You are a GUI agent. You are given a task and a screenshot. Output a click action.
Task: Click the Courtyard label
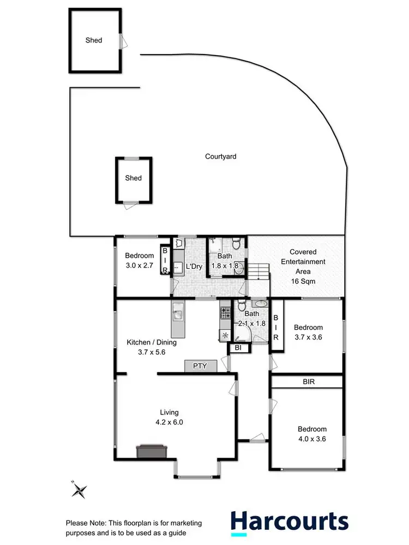click(x=220, y=156)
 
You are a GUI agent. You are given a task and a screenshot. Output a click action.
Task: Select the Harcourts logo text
click(x=289, y=522)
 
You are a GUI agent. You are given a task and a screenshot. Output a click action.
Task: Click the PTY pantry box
click(x=200, y=366)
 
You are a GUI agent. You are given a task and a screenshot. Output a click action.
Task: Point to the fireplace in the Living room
click(x=152, y=451)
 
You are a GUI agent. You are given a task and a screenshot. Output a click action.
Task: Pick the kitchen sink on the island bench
click(x=178, y=314)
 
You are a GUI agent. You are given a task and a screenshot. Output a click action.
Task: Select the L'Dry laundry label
click(x=194, y=267)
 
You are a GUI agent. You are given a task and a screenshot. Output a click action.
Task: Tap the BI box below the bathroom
click(x=238, y=348)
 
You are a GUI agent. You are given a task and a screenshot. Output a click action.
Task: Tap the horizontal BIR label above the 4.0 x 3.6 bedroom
click(x=309, y=382)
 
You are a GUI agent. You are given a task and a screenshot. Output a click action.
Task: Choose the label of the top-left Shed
click(x=94, y=40)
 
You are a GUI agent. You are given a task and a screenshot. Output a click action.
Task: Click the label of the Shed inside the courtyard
click(x=134, y=178)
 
